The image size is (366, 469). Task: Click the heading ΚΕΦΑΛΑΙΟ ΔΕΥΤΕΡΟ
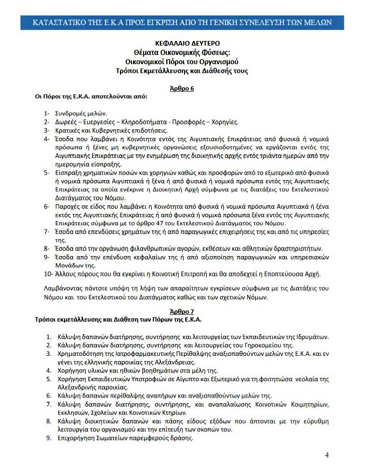coord(182,43)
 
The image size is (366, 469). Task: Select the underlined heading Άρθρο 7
coord(183,312)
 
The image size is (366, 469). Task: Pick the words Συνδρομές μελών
coord(81,114)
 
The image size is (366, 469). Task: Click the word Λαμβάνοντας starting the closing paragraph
coord(64,289)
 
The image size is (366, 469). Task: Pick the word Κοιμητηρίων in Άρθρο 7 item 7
coord(302,404)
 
